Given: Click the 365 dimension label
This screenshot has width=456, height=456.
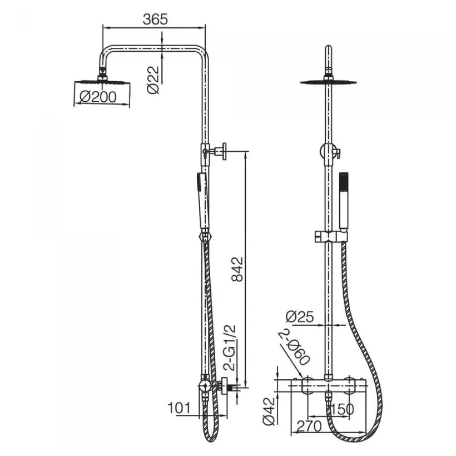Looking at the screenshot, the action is pyautogui.click(x=155, y=19).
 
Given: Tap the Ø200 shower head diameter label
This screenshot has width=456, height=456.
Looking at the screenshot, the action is pyautogui.click(x=98, y=97).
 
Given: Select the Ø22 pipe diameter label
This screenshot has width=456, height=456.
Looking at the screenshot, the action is pyautogui.click(x=153, y=80).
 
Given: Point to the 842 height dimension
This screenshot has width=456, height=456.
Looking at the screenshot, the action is pyautogui.click(x=237, y=269).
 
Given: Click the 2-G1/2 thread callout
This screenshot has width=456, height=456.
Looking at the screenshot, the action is pyautogui.click(x=231, y=347).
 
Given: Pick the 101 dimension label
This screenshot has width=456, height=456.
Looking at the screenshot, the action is pyautogui.click(x=179, y=408).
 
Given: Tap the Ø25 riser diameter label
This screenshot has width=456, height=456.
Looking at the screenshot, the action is pyautogui.click(x=300, y=317).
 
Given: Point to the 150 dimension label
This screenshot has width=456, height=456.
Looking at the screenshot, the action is pyautogui.click(x=343, y=409).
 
